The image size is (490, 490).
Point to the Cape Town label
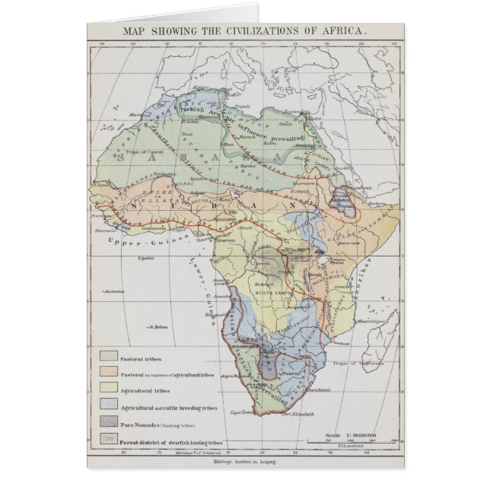(x=256, y=412)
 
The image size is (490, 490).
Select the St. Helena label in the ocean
(x=157, y=329)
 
